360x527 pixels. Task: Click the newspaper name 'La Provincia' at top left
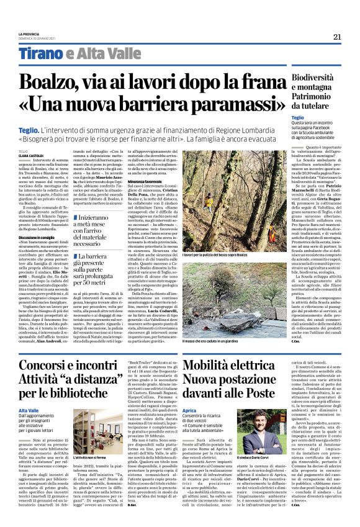coord(29,33)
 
